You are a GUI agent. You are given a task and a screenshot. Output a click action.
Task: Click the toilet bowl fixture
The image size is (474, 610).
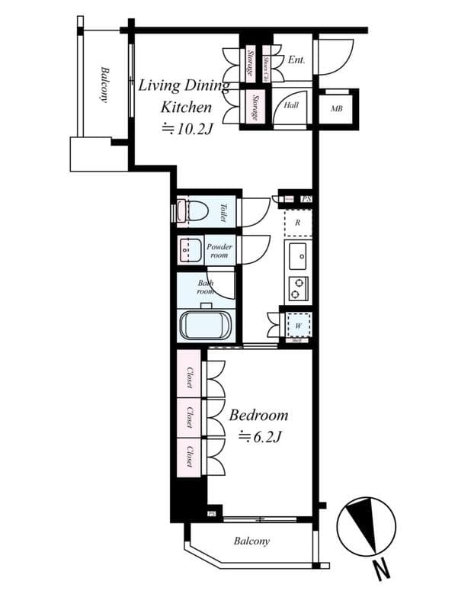[x=195, y=211]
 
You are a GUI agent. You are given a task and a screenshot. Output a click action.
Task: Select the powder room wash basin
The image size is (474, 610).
[x=188, y=250]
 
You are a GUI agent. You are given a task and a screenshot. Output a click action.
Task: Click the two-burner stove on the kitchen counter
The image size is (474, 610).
[x=298, y=287]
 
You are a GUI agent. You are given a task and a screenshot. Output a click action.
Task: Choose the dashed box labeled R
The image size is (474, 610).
[x=298, y=223]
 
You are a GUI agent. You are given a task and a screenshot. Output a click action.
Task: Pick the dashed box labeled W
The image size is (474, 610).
[x=298, y=323]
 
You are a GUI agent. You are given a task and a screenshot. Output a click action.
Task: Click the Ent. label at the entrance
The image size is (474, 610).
[x=296, y=59]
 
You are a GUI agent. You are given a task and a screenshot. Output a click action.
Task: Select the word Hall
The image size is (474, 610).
[x=291, y=106]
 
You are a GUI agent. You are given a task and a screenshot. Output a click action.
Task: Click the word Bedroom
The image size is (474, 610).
[x=259, y=416]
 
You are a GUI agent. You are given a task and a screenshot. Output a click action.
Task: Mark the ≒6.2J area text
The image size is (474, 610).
[x=259, y=437]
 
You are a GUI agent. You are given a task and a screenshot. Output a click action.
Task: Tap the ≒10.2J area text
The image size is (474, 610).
[x=185, y=129]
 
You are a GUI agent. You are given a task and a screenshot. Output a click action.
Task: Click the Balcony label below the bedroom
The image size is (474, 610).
[x=251, y=541]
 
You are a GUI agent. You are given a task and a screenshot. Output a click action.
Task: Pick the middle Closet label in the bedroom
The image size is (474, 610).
[x=189, y=417]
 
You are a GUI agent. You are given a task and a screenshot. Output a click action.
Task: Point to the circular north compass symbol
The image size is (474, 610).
[x=367, y=527]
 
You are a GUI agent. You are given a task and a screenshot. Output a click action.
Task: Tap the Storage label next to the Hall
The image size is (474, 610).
[x=251, y=108]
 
